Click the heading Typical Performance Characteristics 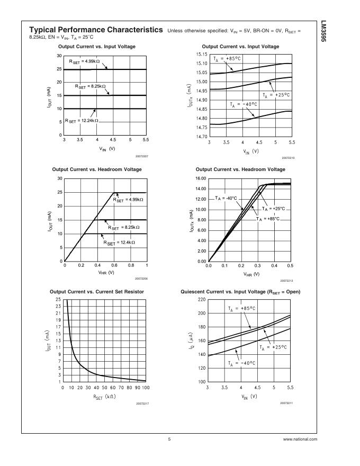[x=96, y=30]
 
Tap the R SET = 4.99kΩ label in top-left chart [x=86, y=62]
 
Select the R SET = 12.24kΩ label [x=82, y=121]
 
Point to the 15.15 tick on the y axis [x=201, y=55]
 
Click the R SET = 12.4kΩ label [x=119, y=243]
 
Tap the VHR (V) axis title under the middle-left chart [x=105, y=272]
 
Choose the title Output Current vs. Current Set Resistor [x=96, y=292]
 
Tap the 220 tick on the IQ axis [x=201, y=300]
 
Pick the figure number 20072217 [x=140, y=404]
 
